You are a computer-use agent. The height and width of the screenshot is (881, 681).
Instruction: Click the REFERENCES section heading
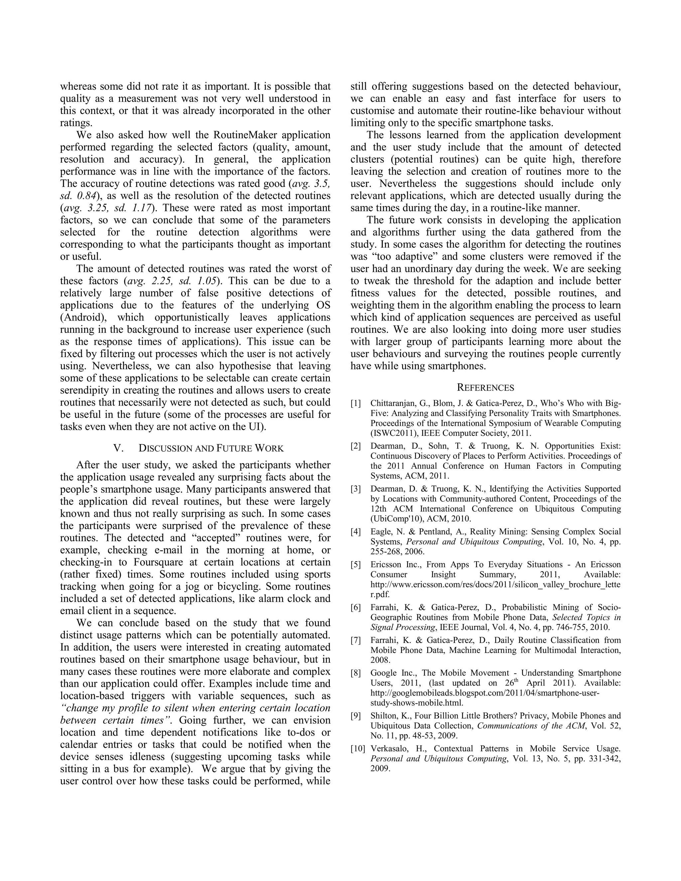coord(485,388)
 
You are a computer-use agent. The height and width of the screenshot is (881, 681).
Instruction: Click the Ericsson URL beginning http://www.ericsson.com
coord(495,584)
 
